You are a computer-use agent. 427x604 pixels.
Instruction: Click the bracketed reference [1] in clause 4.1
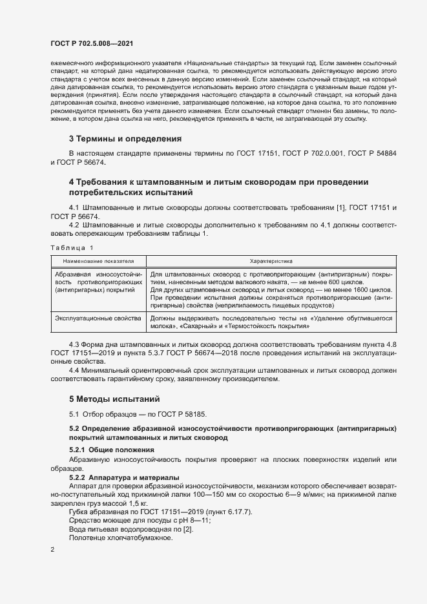coord(340,207)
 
